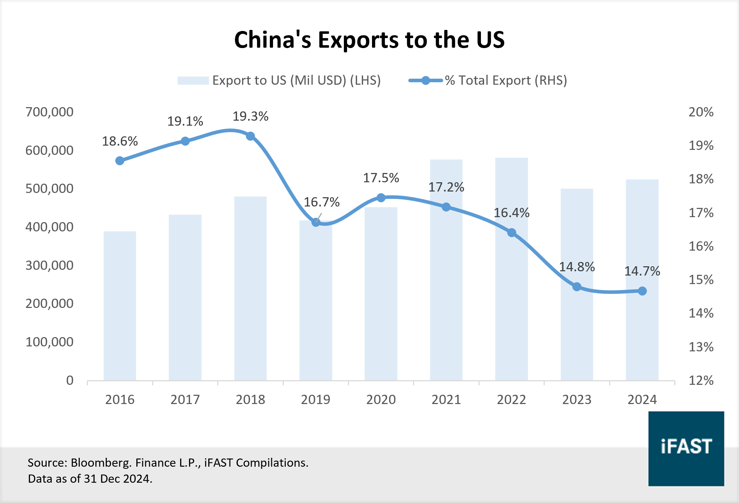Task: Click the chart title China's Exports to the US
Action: pos(369,40)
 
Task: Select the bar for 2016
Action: pos(120,306)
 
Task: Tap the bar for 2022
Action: pos(511,271)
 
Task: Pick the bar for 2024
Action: pos(642,281)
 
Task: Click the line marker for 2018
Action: pos(250,136)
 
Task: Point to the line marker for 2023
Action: pos(577,287)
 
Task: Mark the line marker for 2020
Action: pos(381,198)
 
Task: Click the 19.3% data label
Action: pos(250,116)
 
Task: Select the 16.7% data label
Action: pos(321,202)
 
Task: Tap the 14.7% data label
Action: pos(642,271)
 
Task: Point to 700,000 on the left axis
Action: pos(49,112)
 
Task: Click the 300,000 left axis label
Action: pos(49,266)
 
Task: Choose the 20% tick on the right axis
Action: pos(701,112)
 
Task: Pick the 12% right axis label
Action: pos(701,381)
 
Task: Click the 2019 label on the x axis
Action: pos(315,400)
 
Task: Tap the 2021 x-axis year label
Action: pos(446,400)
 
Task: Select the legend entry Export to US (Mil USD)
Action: pos(279,80)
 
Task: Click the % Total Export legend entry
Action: pos(488,80)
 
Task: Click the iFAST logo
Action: pos(686,449)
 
